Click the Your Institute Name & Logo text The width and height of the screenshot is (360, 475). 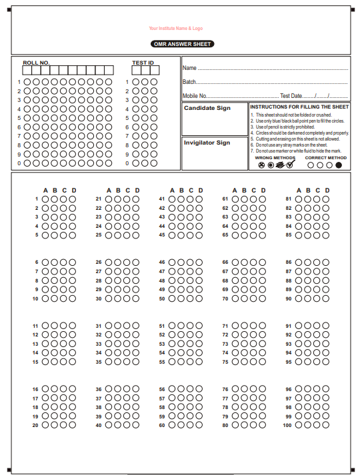point(176,29)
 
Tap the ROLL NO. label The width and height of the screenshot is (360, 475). point(36,63)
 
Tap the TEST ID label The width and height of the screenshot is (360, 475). point(143,63)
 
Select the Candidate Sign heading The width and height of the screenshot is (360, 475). point(207,108)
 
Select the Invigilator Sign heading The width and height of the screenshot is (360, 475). point(207,143)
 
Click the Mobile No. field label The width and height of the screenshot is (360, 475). point(195,96)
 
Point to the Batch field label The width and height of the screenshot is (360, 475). point(189,82)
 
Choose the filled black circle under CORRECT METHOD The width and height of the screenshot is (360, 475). point(339,165)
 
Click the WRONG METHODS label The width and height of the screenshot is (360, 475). point(275,158)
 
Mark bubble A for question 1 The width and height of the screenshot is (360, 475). point(45,199)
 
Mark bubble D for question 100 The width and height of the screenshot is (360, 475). point(327,424)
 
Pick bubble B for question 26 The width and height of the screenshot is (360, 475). point(117,262)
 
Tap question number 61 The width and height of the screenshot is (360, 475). point(225,199)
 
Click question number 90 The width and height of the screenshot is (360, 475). point(288,298)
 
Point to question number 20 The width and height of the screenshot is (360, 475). point(35,424)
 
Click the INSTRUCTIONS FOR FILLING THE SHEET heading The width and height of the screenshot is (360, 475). point(299,107)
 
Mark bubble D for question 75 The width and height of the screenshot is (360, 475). point(263,362)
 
